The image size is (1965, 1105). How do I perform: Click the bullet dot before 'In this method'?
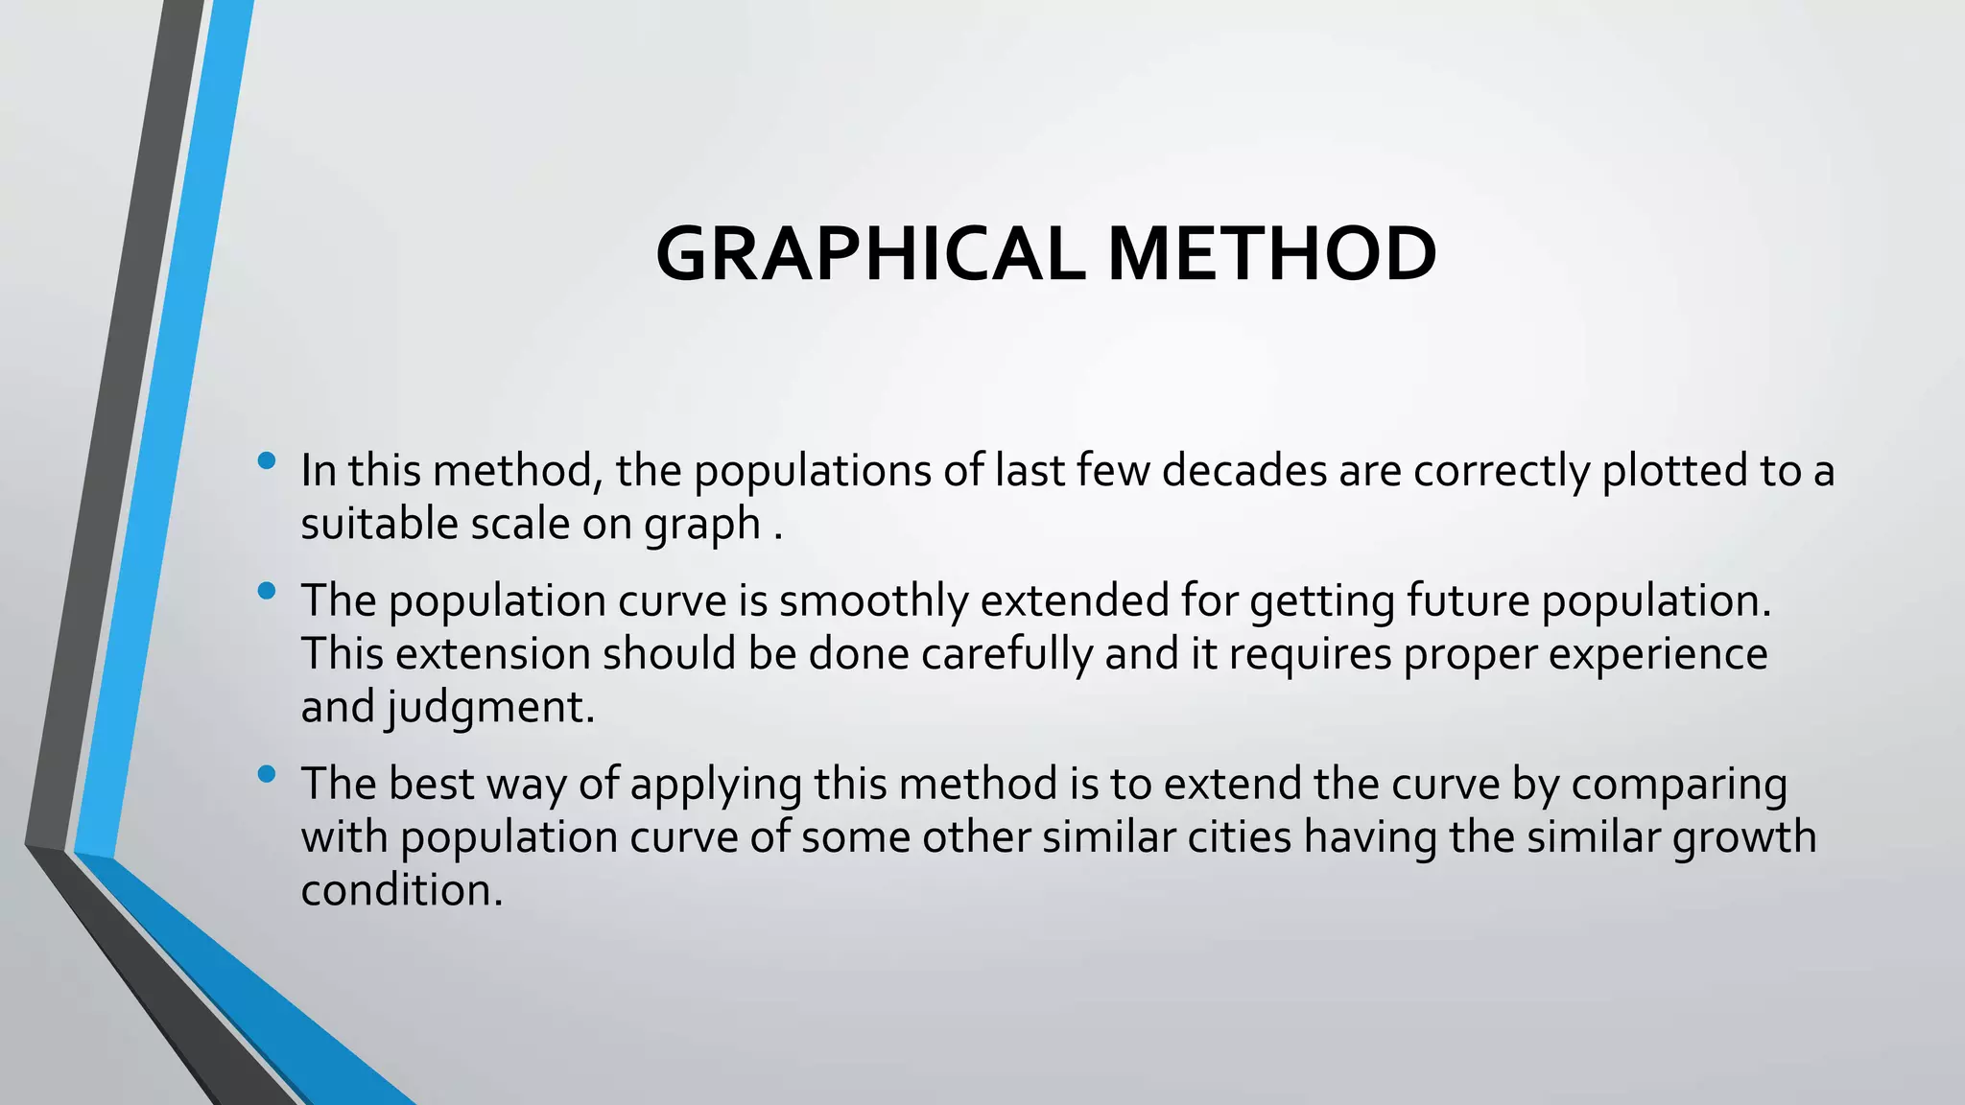(x=267, y=461)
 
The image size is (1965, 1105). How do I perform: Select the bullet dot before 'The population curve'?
(x=267, y=591)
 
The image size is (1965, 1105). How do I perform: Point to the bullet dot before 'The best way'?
(x=267, y=773)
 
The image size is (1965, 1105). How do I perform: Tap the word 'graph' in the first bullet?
(x=702, y=526)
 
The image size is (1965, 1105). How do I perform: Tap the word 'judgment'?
(x=491, y=709)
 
